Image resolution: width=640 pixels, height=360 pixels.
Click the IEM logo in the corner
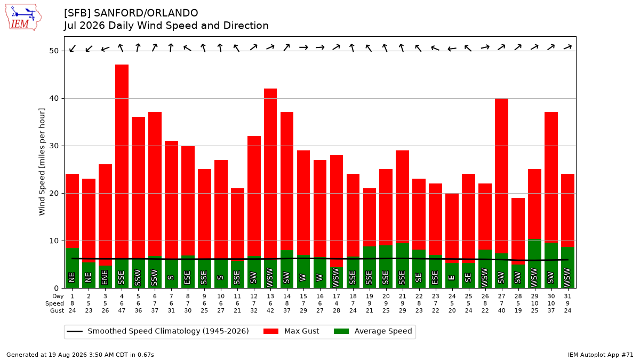pos(23,18)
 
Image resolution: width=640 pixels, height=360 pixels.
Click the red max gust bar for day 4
pos(122,162)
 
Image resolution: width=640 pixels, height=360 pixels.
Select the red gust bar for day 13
pos(270,174)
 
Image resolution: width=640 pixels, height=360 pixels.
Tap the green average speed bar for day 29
pos(534,263)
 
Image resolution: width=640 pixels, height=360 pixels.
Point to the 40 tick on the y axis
pos(54,98)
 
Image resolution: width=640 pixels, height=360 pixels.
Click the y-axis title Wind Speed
pos(42,162)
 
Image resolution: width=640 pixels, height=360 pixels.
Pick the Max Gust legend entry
pos(291,331)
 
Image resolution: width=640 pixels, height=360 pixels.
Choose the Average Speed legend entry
pos(373,331)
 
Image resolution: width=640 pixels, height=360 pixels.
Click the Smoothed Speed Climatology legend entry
pos(158,331)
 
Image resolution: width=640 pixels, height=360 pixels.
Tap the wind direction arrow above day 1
pos(73,49)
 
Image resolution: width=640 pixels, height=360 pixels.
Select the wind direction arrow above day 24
pos(452,49)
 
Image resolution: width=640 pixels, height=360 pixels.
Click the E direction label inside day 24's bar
pos(452,277)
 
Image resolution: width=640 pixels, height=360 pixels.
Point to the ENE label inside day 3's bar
pos(105,277)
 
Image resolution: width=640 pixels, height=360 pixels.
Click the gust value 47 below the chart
pos(122,310)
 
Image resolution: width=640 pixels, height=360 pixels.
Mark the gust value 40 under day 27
pos(501,310)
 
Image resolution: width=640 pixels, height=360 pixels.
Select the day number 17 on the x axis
pos(337,297)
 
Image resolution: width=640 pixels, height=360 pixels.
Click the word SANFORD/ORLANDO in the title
pos(146,13)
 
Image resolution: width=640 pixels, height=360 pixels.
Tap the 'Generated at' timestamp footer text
pos(80,355)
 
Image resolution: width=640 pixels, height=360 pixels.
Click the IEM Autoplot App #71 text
pos(601,355)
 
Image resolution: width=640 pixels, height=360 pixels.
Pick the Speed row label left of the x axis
pos(54,303)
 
